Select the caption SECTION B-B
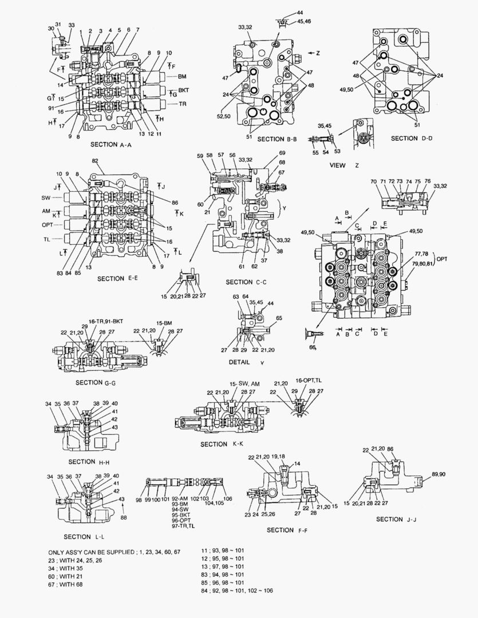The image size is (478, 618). [x=279, y=139]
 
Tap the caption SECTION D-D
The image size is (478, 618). [x=412, y=138]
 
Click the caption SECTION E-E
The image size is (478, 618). [x=118, y=279]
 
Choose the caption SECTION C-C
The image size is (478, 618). [x=247, y=282]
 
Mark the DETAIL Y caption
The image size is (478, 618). [x=247, y=362]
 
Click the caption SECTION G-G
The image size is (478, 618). [x=96, y=382]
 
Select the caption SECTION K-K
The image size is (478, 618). [x=222, y=445]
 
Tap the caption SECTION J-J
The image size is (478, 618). [x=397, y=519]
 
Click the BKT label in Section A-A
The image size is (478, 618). [x=183, y=90]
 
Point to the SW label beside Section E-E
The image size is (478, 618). [x=46, y=197]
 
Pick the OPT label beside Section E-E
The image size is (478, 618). [x=47, y=225]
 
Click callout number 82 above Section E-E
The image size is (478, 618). [x=95, y=162]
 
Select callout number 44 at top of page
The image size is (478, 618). [x=300, y=13]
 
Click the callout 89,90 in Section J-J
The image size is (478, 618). [x=439, y=474]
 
